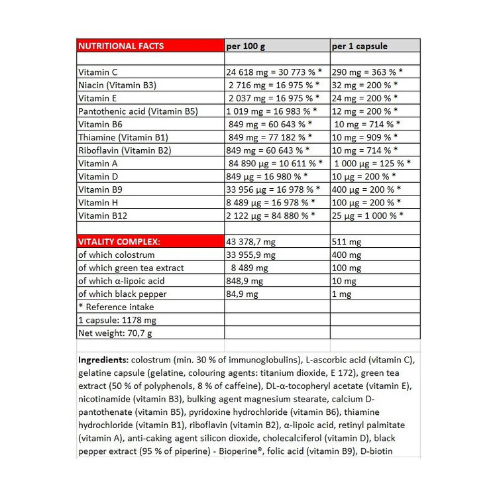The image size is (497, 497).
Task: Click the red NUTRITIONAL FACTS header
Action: pyautogui.click(x=121, y=46)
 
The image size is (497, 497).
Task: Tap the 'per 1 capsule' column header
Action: pyautogui.click(x=359, y=46)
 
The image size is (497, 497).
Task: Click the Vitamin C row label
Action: pyautogui.click(x=97, y=72)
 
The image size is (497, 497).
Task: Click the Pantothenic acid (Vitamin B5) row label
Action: pyautogui.click(x=138, y=111)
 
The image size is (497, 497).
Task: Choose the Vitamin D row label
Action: pyautogui.click(x=97, y=176)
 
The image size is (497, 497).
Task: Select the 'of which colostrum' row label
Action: pyautogui.click(x=116, y=255)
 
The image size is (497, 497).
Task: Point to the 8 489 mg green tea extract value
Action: pyautogui.click(x=248, y=268)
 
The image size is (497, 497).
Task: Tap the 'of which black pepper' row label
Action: pyautogui.click(x=121, y=294)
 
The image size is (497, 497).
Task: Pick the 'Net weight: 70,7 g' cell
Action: pyautogui.click(x=115, y=333)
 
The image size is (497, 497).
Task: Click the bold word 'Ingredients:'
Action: pyautogui.click(x=103, y=360)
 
